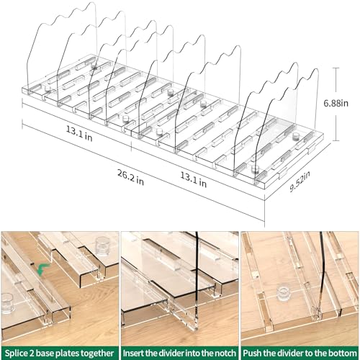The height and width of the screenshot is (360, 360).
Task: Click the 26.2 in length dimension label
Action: pos(130,177)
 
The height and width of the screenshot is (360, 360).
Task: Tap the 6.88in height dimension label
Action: pos(336,103)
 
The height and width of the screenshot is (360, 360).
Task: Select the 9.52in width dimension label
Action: pos(300,181)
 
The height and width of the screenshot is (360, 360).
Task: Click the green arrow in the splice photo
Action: pos(43,269)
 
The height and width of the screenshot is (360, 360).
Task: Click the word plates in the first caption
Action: pos(67,354)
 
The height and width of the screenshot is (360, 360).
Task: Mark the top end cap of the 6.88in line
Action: pos(336,68)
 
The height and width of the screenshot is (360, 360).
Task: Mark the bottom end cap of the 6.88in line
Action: pos(336,140)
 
